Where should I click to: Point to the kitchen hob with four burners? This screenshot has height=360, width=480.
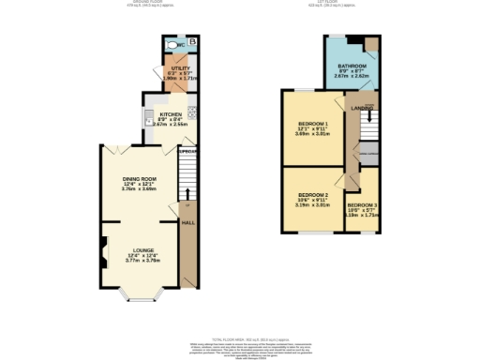pyautogui.click(x=190, y=112)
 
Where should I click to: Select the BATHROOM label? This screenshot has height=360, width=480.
pyautogui.click(x=352, y=66)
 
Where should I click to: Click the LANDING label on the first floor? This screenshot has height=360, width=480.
pyautogui.click(x=362, y=109)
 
